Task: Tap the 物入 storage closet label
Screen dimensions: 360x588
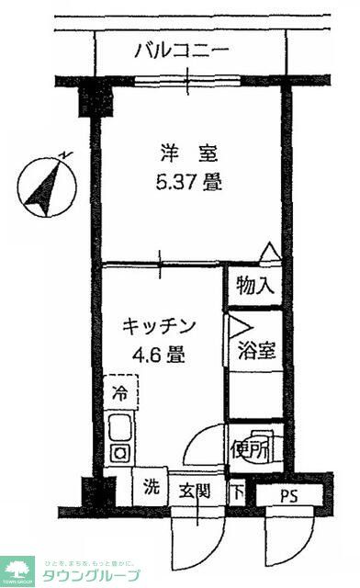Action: pyautogui.click(x=254, y=285)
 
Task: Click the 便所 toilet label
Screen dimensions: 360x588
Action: pyautogui.click(x=252, y=449)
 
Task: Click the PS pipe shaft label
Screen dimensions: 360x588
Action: pyautogui.click(x=289, y=496)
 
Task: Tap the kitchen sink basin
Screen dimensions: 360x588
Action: pyautogui.click(x=119, y=428)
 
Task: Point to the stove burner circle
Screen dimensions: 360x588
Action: pyautogui.click(x=119, y=452)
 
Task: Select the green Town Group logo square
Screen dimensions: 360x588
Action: pyautogui.click(x=17, y=571)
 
